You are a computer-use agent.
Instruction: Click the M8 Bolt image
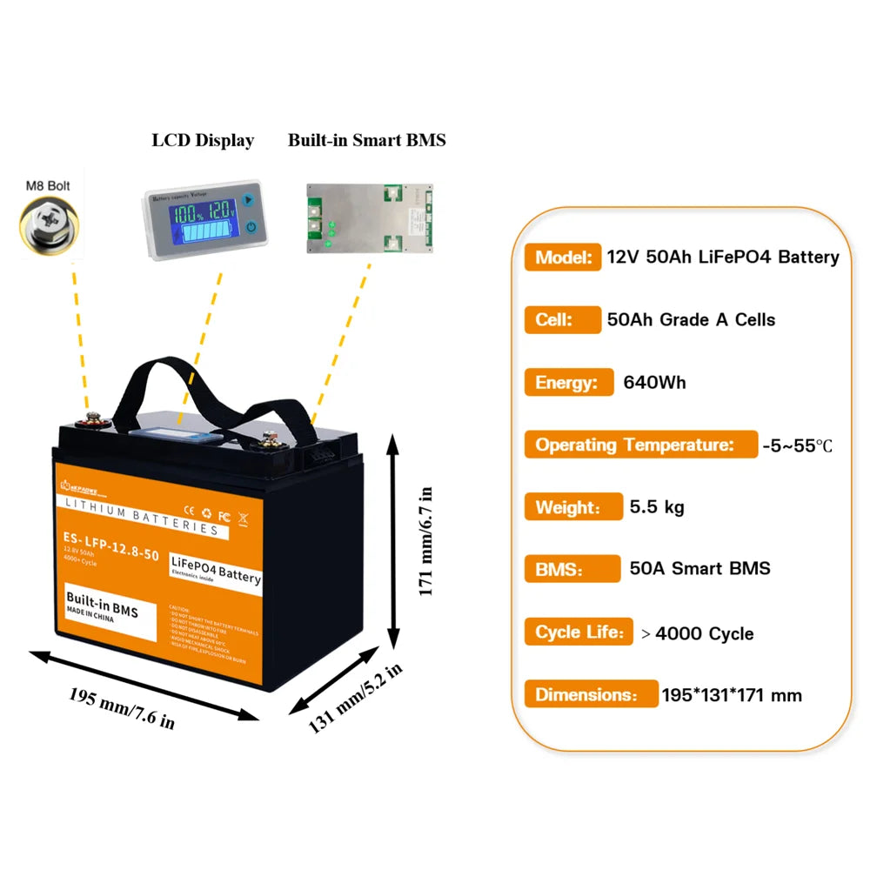click(50, 224)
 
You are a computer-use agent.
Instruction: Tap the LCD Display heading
click(203, 140)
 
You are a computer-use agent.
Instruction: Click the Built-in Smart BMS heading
click(366, 140)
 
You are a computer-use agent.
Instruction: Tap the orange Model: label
click(562, 257)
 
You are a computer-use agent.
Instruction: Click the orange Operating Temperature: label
click(640, 445)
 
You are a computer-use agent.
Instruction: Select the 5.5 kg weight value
click(657, 507)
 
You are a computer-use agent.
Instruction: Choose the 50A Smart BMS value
click(699, 569)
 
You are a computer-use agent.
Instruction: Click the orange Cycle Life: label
click(578, 632)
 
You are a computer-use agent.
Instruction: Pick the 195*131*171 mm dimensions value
click(731, 695)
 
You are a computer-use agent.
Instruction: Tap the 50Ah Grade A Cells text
click(691, 319)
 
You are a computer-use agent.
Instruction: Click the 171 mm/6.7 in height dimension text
click(426, 542)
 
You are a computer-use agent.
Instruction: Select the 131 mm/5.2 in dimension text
click(356, 698)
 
